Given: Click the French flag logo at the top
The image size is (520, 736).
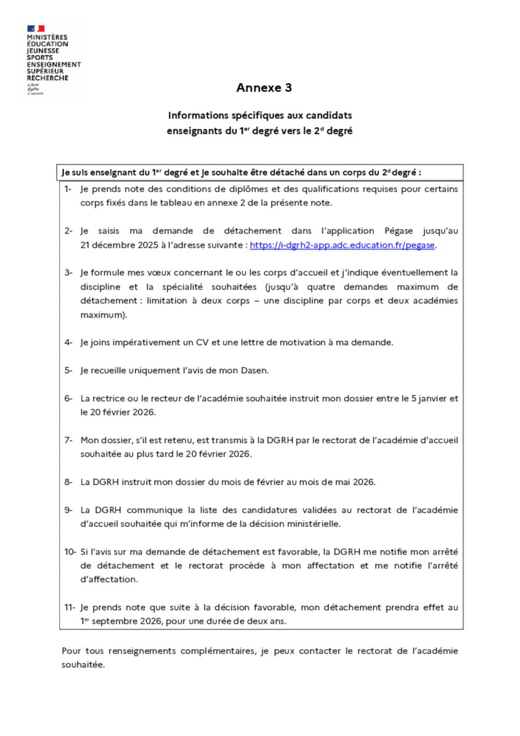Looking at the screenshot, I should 36,28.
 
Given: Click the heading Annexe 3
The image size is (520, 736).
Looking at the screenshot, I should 264,88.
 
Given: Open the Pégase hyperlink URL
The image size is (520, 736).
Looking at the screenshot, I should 343,245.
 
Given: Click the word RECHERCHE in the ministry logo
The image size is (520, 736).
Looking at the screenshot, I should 48,78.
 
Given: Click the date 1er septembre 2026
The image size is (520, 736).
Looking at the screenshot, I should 124,621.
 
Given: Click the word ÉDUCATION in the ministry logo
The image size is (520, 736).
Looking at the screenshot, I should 47,44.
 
